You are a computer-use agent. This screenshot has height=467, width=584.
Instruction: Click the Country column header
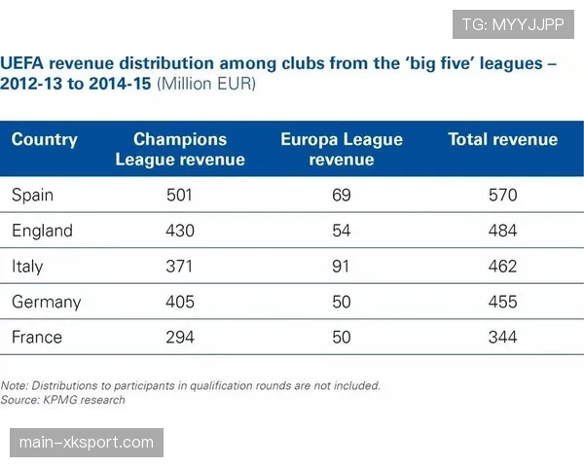coord(44,139)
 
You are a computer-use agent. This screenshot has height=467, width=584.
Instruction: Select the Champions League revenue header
coord(180,149)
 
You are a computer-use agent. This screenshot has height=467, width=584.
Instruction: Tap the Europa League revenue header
coord(342,149)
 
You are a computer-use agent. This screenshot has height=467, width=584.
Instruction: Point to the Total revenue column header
coord(502,139)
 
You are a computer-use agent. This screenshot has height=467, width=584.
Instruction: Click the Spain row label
coord(32,195)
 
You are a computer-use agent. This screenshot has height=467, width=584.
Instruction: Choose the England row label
coord(42,231)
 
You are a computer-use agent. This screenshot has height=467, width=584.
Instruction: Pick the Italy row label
coord(27,266)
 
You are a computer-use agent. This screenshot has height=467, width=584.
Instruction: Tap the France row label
coord(37,337)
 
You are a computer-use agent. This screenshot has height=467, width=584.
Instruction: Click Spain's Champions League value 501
coord(180,195)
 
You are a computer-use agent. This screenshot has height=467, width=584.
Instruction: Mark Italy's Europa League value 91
coord(342,266)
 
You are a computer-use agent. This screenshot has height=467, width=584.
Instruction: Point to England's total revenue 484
coord(502,231)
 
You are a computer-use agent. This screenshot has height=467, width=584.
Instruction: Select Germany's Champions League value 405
coord(180,302)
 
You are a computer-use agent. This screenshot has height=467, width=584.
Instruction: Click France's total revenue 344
coord(502,337)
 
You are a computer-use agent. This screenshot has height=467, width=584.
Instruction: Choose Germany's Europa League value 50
coord(342,302)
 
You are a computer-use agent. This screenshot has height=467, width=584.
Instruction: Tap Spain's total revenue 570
coord(502,195)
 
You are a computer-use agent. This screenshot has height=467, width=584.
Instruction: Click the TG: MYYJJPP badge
coord(514,24)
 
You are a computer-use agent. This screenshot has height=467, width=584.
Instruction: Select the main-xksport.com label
coord(86,443)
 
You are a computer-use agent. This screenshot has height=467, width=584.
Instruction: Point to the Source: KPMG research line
coord(63,399)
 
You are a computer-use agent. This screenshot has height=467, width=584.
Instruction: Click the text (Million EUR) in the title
coord(206,85)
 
